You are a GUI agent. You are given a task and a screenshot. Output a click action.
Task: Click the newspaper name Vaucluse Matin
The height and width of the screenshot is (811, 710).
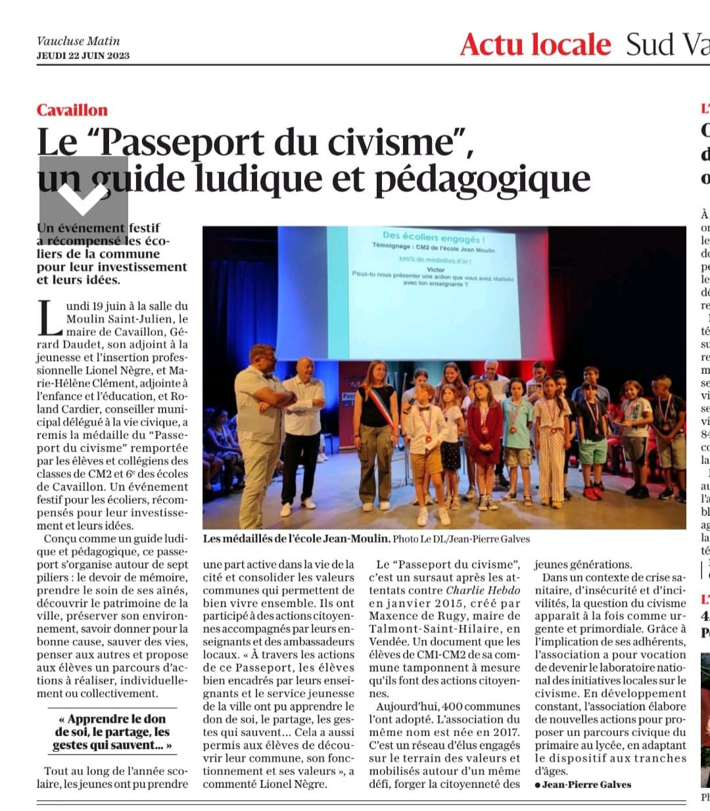coord(78,41)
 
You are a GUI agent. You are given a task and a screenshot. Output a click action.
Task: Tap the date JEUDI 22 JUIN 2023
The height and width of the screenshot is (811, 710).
coord(83,55)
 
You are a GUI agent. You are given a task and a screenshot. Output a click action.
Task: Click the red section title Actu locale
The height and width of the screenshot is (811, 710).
coord(535,44)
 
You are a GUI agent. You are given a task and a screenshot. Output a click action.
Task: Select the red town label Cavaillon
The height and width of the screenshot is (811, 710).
coord(72,110)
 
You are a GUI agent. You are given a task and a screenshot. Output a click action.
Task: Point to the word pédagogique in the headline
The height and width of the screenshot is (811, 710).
coord(482,179)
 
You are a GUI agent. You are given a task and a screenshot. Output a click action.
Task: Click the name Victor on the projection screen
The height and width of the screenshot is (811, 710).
coord(435,269)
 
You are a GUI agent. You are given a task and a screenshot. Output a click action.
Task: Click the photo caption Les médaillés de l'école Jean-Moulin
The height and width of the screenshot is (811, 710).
coord(296,539)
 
